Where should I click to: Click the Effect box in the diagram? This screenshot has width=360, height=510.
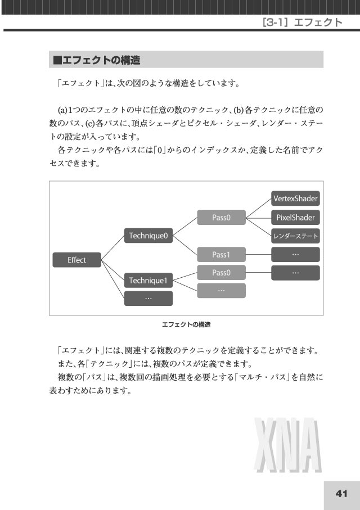coord(77,260)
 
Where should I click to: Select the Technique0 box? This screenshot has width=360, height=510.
coord(148,236)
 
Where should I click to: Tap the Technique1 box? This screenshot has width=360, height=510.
coord(148,281)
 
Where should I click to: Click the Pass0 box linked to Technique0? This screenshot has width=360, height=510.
coord(221,217)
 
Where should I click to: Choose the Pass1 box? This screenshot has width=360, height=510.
coord(221,254)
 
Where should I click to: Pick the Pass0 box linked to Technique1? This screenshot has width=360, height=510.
coord(221,273)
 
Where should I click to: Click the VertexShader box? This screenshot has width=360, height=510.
coord(295,198)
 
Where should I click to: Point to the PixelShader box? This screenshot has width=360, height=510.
coord(295,217)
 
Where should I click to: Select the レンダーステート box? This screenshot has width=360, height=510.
coord(295,236)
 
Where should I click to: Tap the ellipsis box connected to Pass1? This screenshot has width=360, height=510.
coord(295,254)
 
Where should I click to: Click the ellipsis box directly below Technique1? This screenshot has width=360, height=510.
coord(148,298)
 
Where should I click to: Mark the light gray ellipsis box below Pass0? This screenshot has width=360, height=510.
coord(221,291)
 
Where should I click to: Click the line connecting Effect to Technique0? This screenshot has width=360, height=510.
coord(112,247)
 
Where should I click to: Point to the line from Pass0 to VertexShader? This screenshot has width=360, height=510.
coord(258,208)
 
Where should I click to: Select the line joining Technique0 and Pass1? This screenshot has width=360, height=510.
coord(185,245)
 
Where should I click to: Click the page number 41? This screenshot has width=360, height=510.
coord(341,493)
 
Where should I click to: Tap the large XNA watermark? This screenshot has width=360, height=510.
coord(288,445)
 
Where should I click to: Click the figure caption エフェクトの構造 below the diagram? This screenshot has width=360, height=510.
coord(186,324)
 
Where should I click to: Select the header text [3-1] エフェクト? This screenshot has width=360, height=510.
coord(302,22)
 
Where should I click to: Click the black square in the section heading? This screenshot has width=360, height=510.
coord(57,60)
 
